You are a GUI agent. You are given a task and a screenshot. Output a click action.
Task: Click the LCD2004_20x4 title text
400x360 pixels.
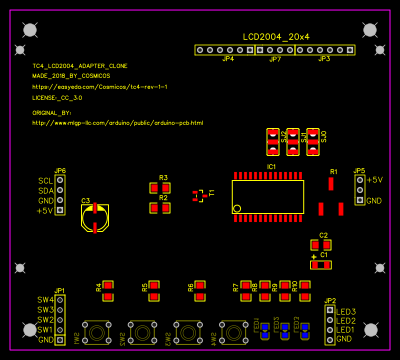[275, 36]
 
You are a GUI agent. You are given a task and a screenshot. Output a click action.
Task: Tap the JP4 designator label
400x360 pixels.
[228, 59]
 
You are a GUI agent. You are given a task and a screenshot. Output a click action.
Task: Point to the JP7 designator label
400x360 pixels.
[275, 59]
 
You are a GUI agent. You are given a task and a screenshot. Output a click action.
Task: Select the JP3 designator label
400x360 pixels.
[324, 59]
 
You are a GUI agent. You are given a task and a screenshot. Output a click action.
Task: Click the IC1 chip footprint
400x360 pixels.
[268, 195]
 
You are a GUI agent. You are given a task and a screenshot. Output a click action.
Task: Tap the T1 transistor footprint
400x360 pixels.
[200, 195]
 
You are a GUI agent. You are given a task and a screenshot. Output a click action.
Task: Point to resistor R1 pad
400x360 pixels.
[331, 183]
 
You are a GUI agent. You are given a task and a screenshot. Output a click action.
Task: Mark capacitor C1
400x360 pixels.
[320, 265]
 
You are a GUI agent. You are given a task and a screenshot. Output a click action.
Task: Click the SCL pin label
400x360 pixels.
[45, 181]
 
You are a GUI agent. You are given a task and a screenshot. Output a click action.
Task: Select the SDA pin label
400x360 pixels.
[45, 191]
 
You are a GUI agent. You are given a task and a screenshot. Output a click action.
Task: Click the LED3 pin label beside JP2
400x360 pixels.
[345, 311]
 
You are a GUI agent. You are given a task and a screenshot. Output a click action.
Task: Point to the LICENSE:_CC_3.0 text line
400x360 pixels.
[57, 99]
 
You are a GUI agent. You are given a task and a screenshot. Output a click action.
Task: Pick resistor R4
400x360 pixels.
[108, 290]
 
